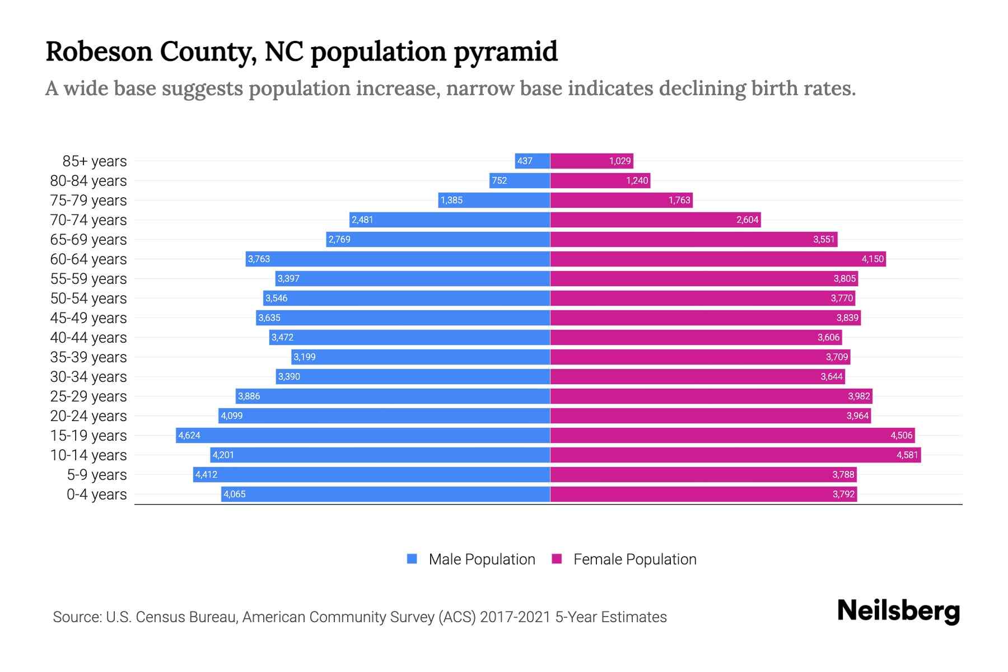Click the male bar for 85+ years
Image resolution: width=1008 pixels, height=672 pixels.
[532, 161]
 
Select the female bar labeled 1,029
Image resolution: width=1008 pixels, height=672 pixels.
[591, 161]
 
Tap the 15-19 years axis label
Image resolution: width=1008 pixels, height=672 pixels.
[88, 435]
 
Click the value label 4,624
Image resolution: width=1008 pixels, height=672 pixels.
[189, 435]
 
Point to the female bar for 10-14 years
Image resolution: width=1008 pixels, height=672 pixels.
[735, 455]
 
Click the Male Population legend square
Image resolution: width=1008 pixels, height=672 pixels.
[412, 559]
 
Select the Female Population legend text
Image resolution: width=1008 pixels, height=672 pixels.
[634, 559]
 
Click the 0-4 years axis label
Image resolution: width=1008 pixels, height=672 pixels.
[96, 494]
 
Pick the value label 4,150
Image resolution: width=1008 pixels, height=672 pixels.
[872, 259]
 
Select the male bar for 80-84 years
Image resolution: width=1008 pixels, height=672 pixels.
[520, 180]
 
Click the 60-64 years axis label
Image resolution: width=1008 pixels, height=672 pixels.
[88, 259]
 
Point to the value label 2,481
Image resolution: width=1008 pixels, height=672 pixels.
[362, 220]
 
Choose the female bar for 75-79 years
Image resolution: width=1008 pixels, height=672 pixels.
[621, 200]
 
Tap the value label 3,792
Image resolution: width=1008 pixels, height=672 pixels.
[843, 494]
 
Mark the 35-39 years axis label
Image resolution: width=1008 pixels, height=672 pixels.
[88, 357]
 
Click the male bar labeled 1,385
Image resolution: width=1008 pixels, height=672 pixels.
[494, 200]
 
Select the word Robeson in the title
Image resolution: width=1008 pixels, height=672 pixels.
[99, 52]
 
